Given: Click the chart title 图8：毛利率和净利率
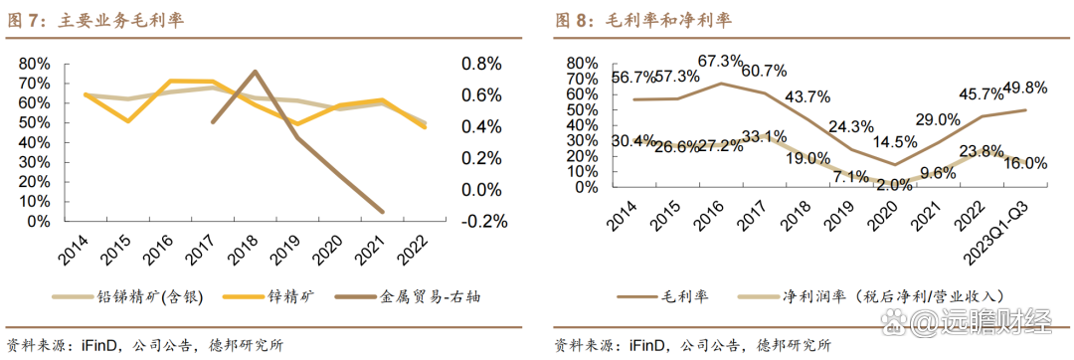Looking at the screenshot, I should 642,20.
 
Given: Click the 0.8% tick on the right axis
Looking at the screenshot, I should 484,63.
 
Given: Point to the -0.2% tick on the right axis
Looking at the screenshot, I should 482,221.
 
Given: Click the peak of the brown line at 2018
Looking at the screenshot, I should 256,72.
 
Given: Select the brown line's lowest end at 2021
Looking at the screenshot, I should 383,211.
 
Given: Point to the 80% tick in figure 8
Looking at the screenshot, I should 581,62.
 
